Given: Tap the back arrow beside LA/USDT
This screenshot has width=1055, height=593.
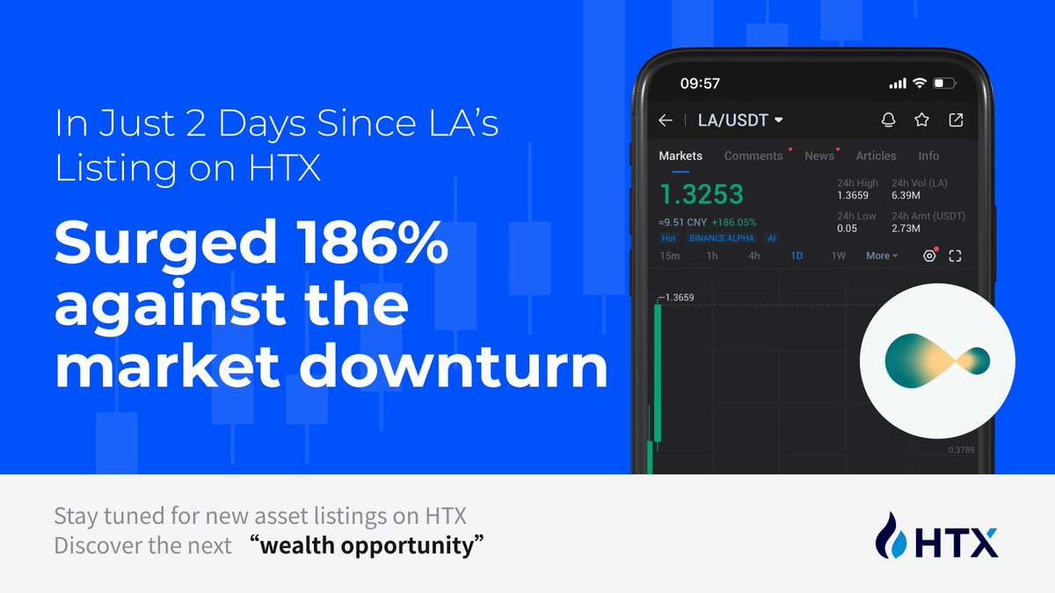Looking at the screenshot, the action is (666, 120).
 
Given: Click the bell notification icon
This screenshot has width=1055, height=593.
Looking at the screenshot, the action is (888, 120).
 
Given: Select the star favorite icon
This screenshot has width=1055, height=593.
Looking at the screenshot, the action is (921, 120).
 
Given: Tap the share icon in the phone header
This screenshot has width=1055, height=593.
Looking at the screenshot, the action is (956, 120).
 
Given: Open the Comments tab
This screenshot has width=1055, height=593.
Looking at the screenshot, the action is (753, 155).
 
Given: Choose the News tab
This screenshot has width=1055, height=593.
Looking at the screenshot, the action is (819, 155).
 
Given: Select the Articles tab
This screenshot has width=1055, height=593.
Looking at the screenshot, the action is (876, 155).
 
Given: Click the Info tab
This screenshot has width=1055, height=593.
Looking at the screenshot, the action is (928, 155).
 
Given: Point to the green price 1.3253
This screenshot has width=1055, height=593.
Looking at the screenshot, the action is (702, 194).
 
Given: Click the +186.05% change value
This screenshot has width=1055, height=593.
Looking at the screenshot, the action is (734, 222).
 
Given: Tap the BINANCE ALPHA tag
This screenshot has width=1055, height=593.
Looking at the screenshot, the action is (722, 238).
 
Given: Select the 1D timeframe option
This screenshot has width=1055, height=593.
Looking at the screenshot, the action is (797, 256).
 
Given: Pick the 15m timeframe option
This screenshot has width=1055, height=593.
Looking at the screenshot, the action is (670, 256).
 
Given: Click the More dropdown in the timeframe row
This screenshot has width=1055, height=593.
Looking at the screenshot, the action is (882, 256).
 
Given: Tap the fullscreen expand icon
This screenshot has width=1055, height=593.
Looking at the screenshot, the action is (955, 256).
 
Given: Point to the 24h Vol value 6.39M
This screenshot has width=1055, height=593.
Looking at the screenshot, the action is (906, 195).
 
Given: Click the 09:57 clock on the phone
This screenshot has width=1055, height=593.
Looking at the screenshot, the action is (700, 83).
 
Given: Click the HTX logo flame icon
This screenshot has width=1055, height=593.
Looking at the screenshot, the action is (891, 535).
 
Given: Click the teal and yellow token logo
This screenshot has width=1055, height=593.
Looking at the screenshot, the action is (937, 361).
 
